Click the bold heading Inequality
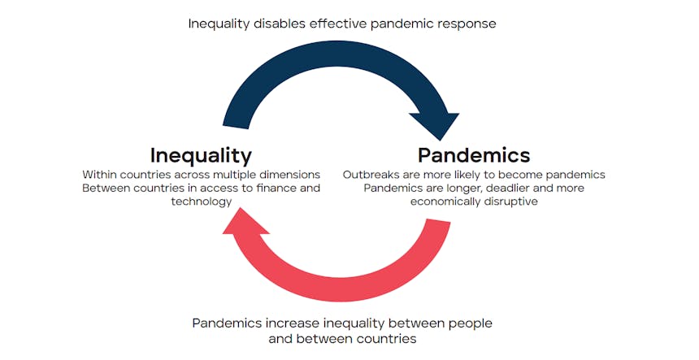(201, 156)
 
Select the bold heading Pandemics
(474, 155)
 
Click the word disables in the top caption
(280, 24)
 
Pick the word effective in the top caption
(338, 24)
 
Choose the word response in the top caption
(467, 24)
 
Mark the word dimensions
(290, 174)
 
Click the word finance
(273, 188)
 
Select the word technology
(202, 202)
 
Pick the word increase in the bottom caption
(293, 323)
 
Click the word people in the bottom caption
(471, 323)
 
